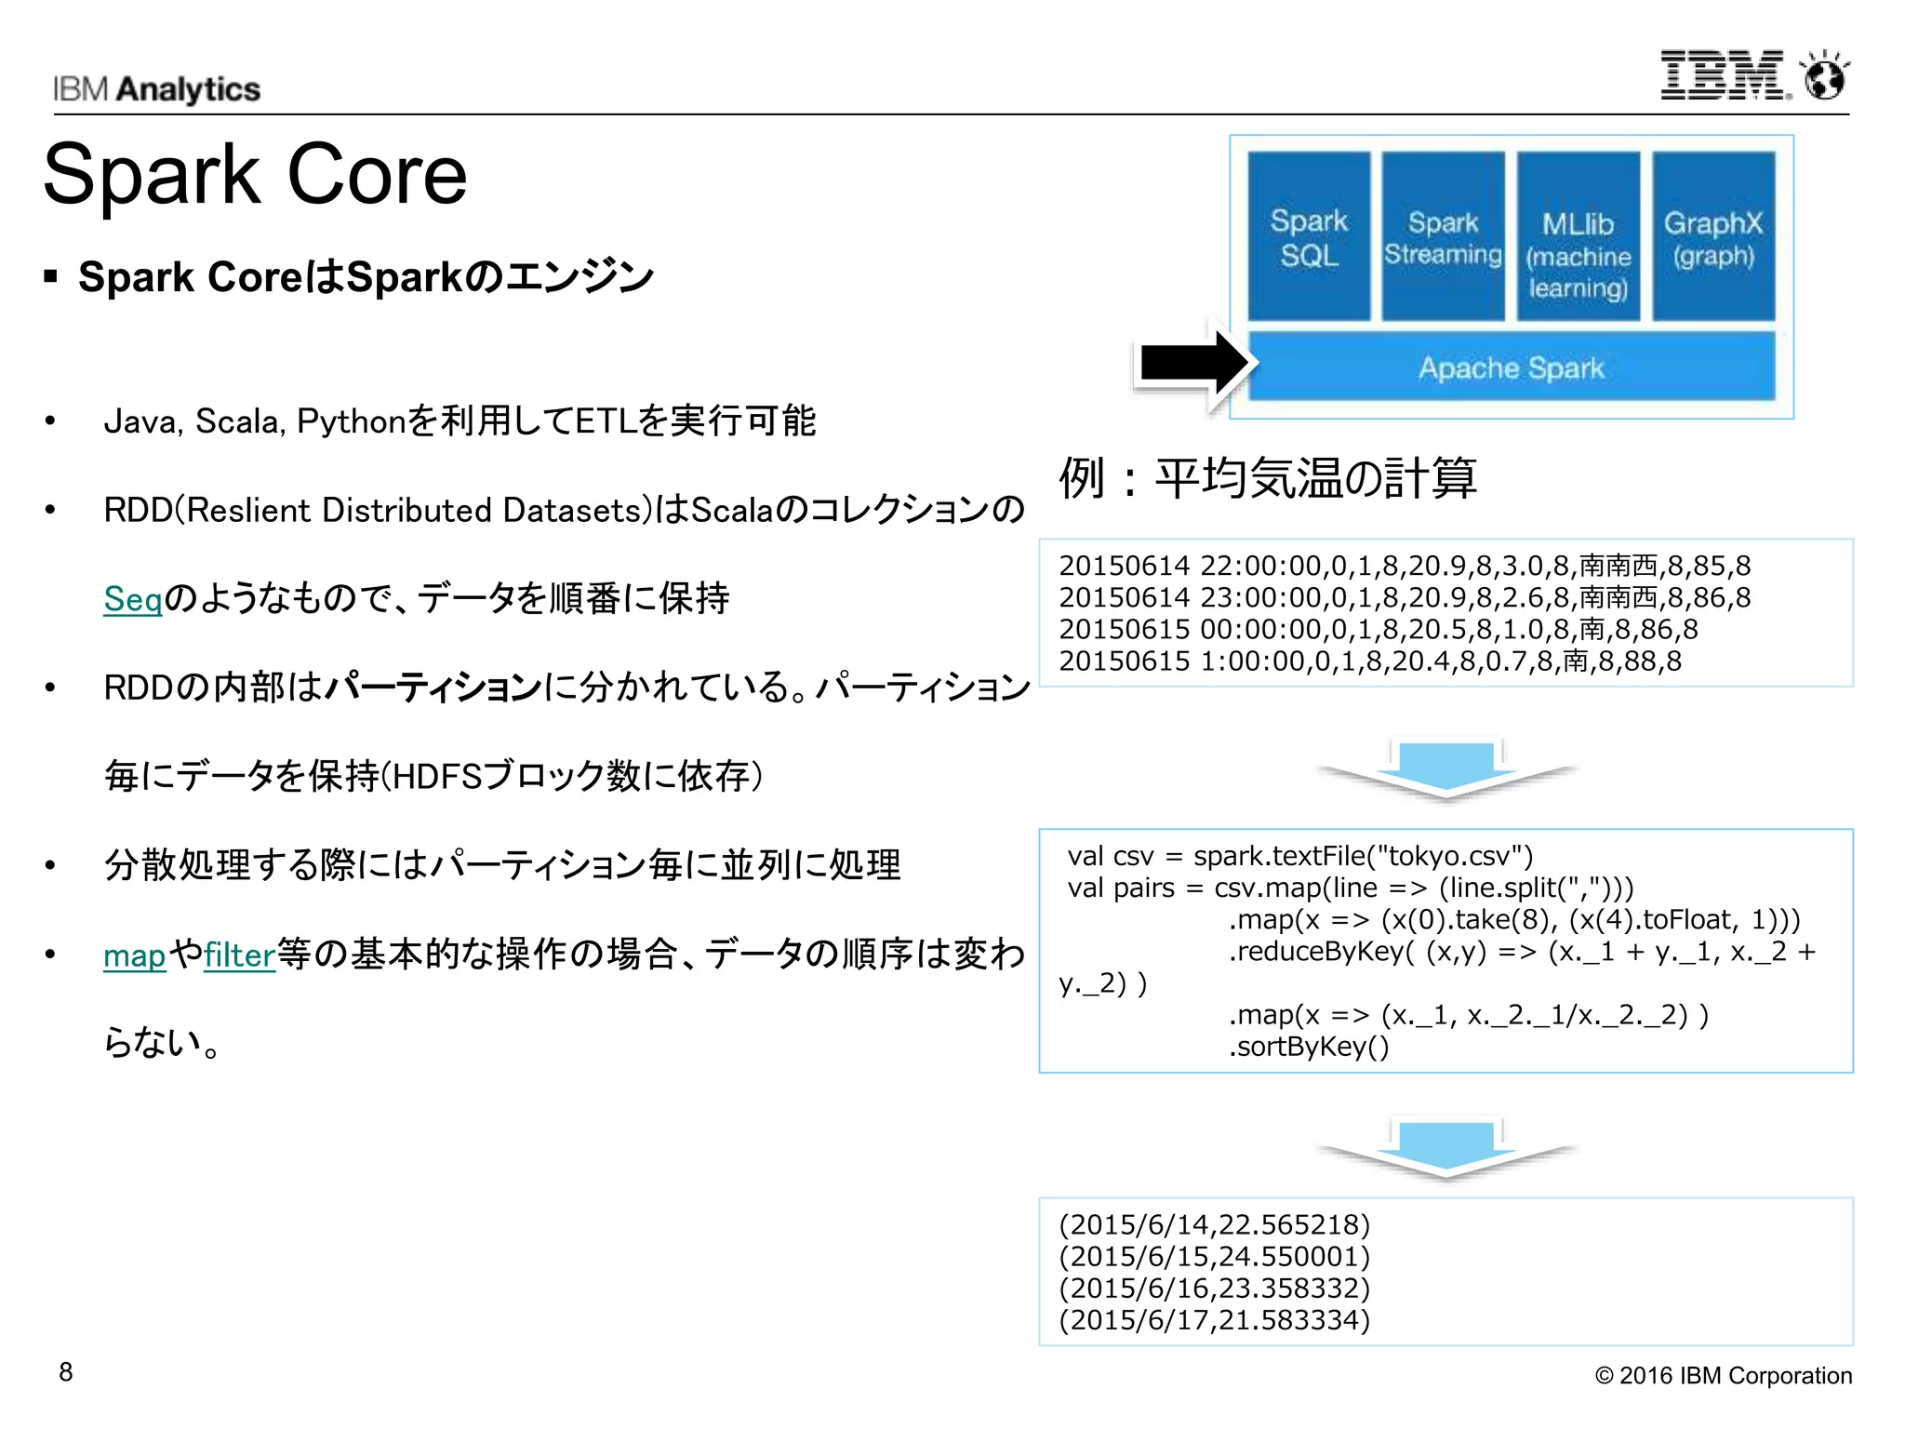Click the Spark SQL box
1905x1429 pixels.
(1308, 236)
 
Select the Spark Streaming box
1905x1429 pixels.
(1443, 236)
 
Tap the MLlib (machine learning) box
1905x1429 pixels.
(1578, 236)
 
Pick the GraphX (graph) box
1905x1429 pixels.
(1712, 236)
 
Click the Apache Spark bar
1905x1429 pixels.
(1511, 367)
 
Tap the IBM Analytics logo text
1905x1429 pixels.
(156, 89)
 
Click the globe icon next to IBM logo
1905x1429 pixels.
(1824, 77)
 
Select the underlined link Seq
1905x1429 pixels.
(132, 598)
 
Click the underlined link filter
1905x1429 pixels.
(239, 955)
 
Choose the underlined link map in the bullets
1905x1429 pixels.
(134, 955)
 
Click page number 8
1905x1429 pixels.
(65, 1372)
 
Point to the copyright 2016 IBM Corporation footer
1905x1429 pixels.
(1723, 1375)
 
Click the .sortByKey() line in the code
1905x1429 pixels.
(1309, 1047)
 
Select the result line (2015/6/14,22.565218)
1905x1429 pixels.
(1214, 1224)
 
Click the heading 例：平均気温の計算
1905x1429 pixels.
(1267, 478)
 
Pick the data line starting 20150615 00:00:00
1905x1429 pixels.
(1378, 630)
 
